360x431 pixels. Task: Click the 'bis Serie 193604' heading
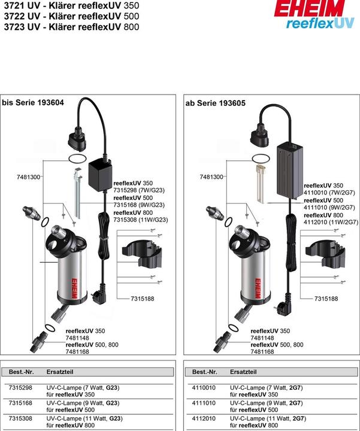pyautogui.click(x=33, y=103)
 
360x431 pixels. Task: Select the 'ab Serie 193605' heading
pyautogui.click(x=216, y=103)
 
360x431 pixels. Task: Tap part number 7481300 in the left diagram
pyautogui.click(x=28, y=177)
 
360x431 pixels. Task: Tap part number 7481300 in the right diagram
pyautogui.click(x=211, y=177)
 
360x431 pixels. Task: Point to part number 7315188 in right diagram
pyautogui.click(x=326, y=298)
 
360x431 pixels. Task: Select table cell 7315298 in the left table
pyautogui.click(x=21, y=387)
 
